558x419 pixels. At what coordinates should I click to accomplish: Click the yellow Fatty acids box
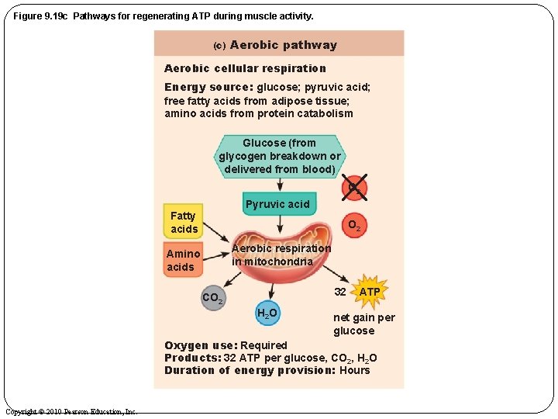pyautogui.click(x=184, y=222)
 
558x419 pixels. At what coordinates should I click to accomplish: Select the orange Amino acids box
pyautogui.click(x=183, y=260)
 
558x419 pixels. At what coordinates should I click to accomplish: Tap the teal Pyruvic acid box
pyautogui.click(x=277, y=204)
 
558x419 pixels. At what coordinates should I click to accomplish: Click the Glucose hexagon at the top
pyautogui.click(x=279, y=156)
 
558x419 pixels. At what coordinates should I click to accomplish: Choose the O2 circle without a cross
pyautogui.click(x=353, y=226)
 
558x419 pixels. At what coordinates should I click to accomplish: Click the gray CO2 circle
pyautogui.click(x=212, y=298)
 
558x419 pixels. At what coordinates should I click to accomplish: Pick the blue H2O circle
pyautogui.click(x=267, y=313)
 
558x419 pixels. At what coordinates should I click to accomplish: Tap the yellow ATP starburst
pyautogui.click(x=370, y=292)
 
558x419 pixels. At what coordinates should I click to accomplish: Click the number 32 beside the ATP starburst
pyautogui.click(x=340, y=292)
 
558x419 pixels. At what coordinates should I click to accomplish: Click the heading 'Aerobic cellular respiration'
pyautogui.click(x=245, y=68)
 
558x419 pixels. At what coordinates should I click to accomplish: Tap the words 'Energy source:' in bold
pyautogui.click(x=208, y=87)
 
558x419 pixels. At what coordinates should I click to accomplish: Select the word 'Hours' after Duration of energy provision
pyautogui.click(x=355, y=370)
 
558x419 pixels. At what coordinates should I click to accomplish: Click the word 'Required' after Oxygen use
pyautogui.click(x=263, y=345)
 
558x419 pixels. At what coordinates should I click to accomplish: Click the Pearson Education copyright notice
pyautogui.click(x=71, y=411)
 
